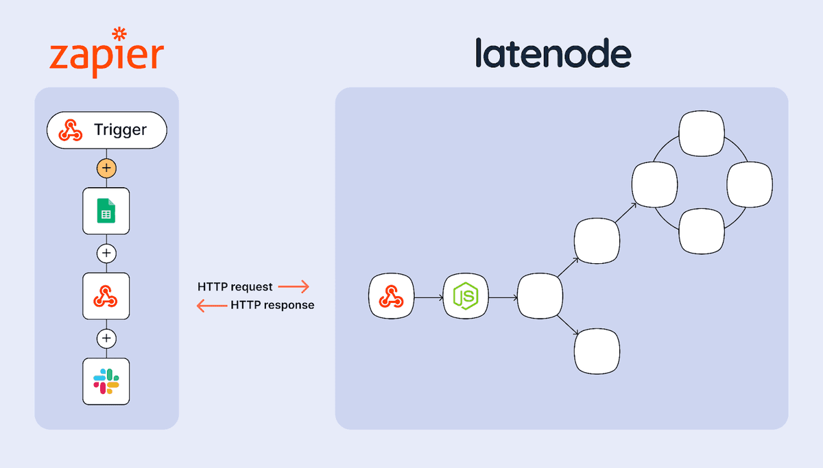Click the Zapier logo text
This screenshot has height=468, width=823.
click(x=106, y=56)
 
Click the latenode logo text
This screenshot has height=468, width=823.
click(x=553, y=53)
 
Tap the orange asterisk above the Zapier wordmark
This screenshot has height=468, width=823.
click(x=119, y=34)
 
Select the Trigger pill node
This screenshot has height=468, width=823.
click(x=106, y=130)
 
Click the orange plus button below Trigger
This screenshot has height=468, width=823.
click(x=106, y=168)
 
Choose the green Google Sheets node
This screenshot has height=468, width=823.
click(x=106, y=210)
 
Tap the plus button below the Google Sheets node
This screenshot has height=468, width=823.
click(x=106, y=253)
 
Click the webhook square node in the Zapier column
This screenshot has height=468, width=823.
click(x=106, y=296)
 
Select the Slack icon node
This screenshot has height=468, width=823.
click(x=106, y=381)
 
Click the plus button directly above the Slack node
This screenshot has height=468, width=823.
click(x=106, y=338)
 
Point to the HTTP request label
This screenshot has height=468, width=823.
click(x=235, y=286)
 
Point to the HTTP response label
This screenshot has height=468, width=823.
click(x=272, y=305)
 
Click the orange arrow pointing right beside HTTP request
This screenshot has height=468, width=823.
click(x=294, y=286)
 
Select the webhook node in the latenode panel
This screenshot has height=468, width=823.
click(x=392, y=297)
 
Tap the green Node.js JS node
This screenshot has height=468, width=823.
click(x=466, y=297)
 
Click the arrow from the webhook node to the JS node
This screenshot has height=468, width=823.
click(x=429, y=297)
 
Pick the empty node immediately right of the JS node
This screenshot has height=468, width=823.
click(x=540, y=297)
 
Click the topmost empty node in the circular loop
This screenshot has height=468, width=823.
click(x=702, y=134)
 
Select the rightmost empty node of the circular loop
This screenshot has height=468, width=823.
click(x=750, y=185)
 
